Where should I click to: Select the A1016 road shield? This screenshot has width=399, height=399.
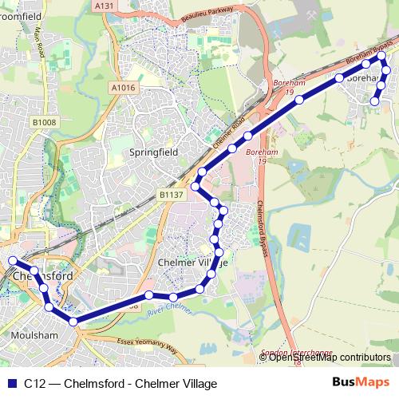[x=123, y=89]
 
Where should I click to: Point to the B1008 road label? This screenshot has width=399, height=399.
[x=45, y=121]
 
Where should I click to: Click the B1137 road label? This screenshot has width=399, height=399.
[x=171, y=194]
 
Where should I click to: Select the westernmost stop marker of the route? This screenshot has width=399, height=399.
[x=12, y=261]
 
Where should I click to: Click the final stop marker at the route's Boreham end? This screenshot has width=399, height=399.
[x=375, y=101]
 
